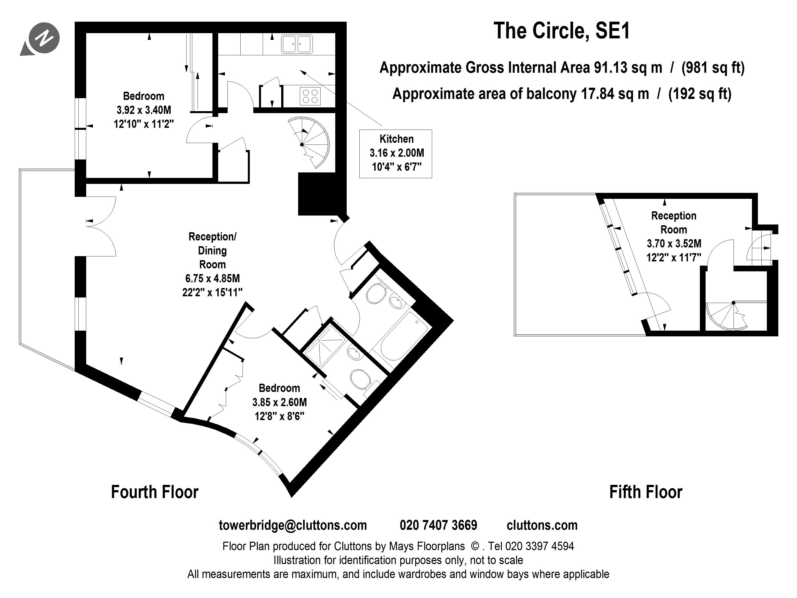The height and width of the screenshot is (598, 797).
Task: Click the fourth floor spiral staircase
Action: [x=309, y=142]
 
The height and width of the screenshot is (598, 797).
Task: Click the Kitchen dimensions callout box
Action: [x=396, y=153]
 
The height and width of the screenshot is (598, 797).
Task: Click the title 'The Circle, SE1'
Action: [x=562, y=31]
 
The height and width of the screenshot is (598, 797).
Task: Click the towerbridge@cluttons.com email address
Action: [x=293, y=525]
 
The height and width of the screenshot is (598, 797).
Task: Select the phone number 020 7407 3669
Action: [x=439, y=525]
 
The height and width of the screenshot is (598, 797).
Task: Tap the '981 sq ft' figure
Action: [x=713, y=68]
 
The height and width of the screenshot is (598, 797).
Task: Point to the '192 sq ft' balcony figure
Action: [x=700, y=94]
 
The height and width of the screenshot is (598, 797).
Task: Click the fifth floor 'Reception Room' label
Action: [x=674, y=223]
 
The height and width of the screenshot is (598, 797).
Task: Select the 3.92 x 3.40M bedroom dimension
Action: [x=144, y=110]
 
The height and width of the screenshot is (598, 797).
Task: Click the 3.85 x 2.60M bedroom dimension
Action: [x=280, y=402]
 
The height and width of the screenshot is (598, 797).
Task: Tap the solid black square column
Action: [x=317, y=194]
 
